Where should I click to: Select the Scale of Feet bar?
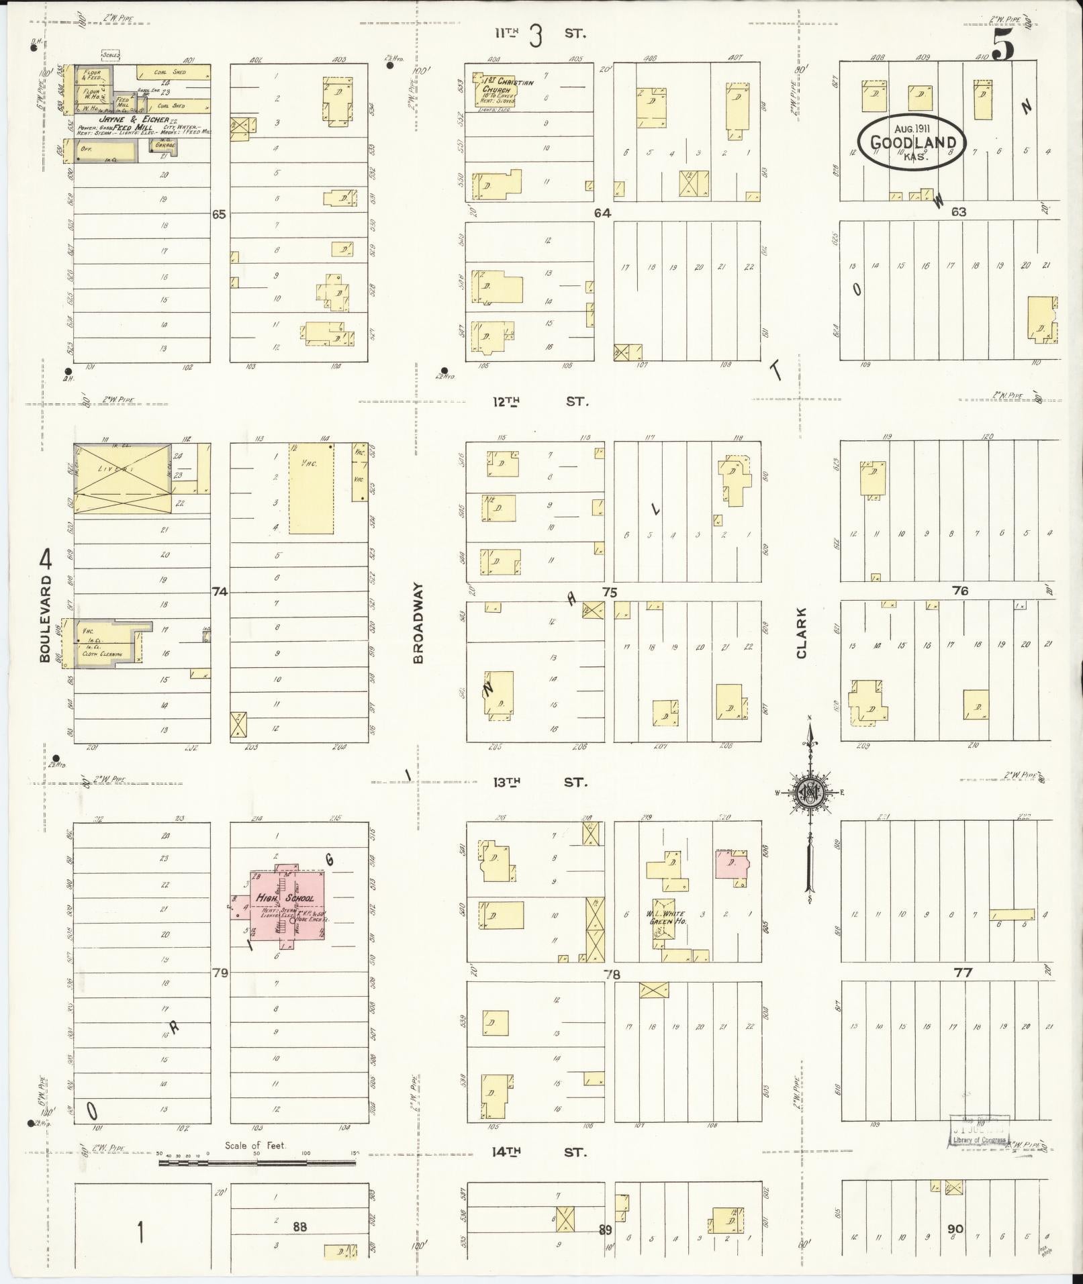pyautogui.click(x=257, y=1161)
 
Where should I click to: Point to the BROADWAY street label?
pyautogui.click(x=419, y=623)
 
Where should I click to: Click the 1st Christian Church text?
pyautogui.click(x=507, y=87)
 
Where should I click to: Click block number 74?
pyautogui.click(x=220, y=591)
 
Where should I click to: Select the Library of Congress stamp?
pyautogui.click(x=978, y=1132)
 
